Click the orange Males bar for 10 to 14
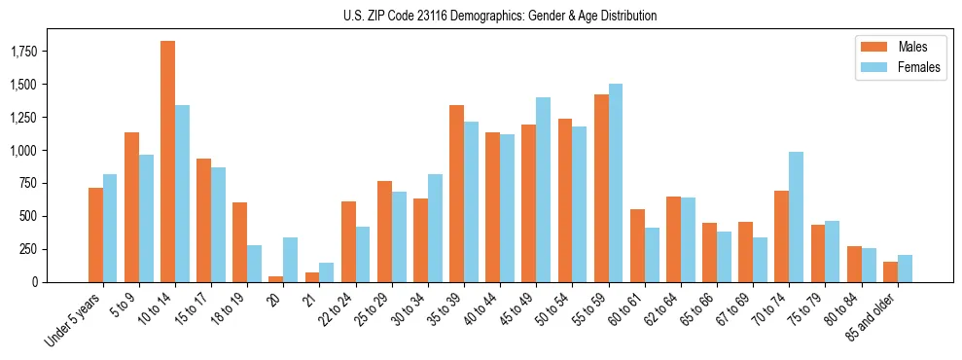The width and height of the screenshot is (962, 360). coord(167,162)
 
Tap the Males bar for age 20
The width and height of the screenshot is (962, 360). coord(276,278)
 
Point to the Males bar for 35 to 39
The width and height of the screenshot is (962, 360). coord(456,194)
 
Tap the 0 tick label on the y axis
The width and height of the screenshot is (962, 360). coord(35,282)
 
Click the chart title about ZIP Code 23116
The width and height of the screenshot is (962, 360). coord(500,16)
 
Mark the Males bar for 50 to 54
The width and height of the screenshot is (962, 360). coord(565,200)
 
